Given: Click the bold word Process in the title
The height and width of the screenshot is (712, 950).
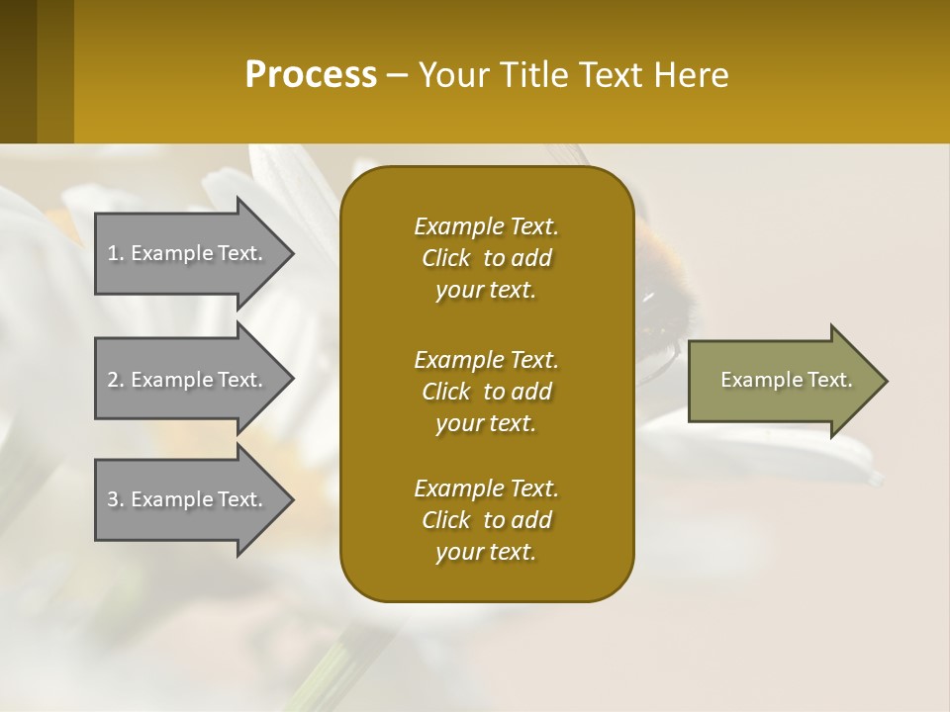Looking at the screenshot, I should click(311, 75).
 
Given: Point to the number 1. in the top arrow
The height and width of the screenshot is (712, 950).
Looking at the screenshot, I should click(116, 253).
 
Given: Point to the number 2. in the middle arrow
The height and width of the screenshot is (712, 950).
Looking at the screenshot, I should click(116, 380).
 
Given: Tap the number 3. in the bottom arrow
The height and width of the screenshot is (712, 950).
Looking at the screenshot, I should click(116, 499).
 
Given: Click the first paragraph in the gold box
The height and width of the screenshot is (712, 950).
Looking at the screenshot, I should click(486, 258).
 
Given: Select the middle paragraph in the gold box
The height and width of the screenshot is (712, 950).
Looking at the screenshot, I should click(486, 392).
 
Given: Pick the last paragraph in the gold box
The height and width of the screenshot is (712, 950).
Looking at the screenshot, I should click(486, 520).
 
